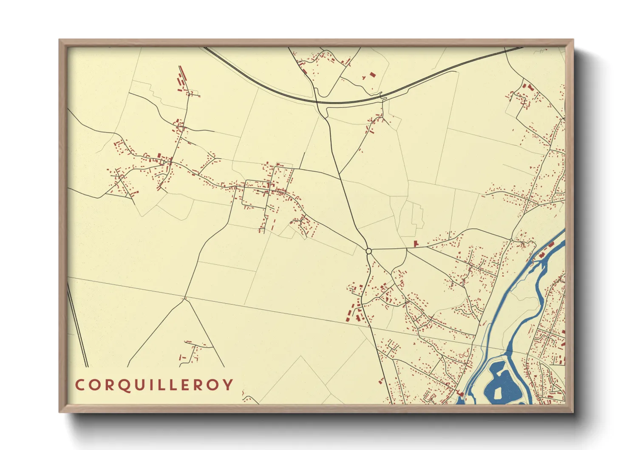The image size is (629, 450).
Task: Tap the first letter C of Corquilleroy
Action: [x=79, y=385]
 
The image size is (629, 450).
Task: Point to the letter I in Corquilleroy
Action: [x=154, y=385]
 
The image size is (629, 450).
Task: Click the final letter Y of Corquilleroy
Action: [x=229, y=385]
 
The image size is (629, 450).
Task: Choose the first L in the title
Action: [x=164, y=385]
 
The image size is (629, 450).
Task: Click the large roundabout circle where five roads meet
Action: [x=368, y=251]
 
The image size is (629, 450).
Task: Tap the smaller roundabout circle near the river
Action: [x=511, y=240]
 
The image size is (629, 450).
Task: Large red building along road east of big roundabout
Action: [x=416, y=243]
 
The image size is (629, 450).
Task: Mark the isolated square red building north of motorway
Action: [x=373, y=74]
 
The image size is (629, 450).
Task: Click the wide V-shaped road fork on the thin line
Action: [x=185, y=299]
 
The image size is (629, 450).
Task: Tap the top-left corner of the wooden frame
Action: [x=59, y=40]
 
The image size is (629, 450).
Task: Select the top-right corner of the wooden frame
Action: [x=573, y=40]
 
